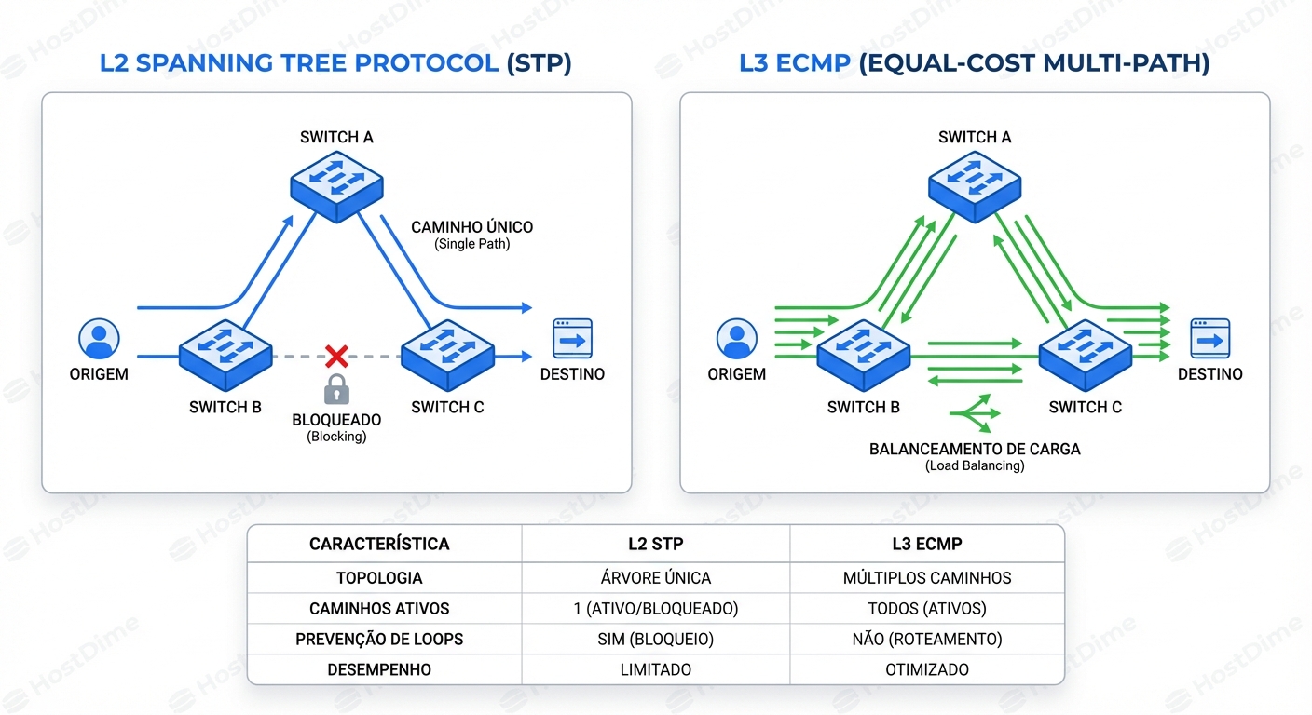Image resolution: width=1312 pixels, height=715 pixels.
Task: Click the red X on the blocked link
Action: pyautogui.click(x=336, y=355)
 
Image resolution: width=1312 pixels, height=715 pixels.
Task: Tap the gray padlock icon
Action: pyautogui.click(x=336, y=388)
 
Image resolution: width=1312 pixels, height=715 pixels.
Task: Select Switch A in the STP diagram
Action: pyautogui.click(x=335, y=184)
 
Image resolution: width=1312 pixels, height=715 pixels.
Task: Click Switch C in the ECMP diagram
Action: pyautogui.click(x=1085, y=355)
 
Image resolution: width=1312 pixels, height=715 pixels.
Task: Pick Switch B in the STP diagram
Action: pyautogui.click(x=225, y=355)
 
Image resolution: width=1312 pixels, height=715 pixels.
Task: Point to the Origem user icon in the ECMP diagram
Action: pyautogui.click(x=736, y=339)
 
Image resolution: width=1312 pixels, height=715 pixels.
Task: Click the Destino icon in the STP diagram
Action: pyautogui.click(x=572, y=339)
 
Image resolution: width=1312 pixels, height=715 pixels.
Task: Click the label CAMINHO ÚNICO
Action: pyautogui.click(x=472, y=227)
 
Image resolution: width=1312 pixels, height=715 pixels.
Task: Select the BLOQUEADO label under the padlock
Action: pyautogui.click(x=336, y=420)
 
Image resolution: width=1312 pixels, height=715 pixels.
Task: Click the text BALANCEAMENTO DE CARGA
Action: pyautogui.click(x=975, y=449)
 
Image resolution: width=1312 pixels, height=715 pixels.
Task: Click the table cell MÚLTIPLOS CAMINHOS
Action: pyautogui.click(x=927, y=578)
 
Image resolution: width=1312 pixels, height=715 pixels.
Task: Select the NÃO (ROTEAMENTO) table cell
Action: pyautogui.click(x=927, y=640)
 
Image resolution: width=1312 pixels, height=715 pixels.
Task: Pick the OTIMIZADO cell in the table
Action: pyautogui.click(x=927, y=670)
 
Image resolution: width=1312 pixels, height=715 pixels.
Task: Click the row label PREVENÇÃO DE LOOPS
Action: pyautogui.click(x=379, y=640)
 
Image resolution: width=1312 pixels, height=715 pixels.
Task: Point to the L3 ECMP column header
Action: pyautogui.click(x=927, y=544)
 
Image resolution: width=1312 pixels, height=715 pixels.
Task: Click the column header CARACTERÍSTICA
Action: pyautogui.click(x=379, y=544)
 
